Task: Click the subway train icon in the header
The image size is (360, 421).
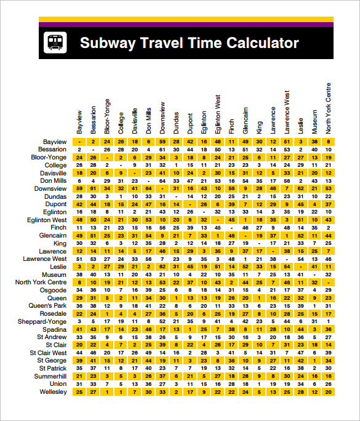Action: coord(54,43)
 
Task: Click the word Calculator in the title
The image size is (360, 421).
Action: coord(263,43)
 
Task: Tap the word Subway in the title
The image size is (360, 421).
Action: coord(108,43)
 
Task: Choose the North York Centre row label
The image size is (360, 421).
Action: coord(40,282)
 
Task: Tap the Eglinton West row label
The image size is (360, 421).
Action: coord(47,220)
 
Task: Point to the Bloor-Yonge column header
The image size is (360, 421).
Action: coord(107,116)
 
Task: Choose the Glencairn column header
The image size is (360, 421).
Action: coord(245,121)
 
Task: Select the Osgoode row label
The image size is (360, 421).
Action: coord(53,290)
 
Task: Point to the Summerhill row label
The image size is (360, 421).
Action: coord(50,376)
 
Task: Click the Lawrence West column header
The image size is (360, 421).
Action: coord(287,113)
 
